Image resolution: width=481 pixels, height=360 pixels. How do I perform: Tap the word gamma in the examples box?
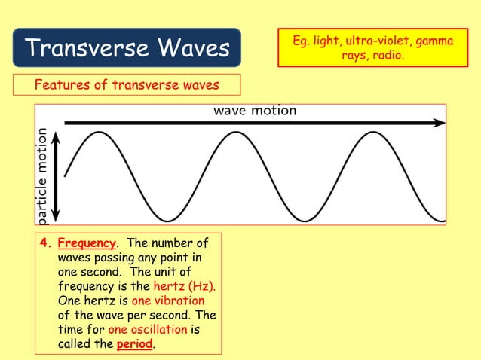pyautogui.click(x=435, y=40)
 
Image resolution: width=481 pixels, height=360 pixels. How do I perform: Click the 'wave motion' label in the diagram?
pyautogui.click(x=255, y=111)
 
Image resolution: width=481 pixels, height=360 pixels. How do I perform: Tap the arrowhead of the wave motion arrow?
pyautogui.click(x=440, y=122)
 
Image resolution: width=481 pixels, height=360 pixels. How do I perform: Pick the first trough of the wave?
pyautogui.click(x=167, y=221)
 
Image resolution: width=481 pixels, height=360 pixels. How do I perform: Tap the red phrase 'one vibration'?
pyautogui.click(x=173, y=301)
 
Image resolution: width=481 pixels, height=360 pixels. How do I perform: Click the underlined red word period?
pyautogui.click(x=134, y=344)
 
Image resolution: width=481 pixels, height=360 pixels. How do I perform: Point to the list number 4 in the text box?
pyautogui.click(x=44, y=244)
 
